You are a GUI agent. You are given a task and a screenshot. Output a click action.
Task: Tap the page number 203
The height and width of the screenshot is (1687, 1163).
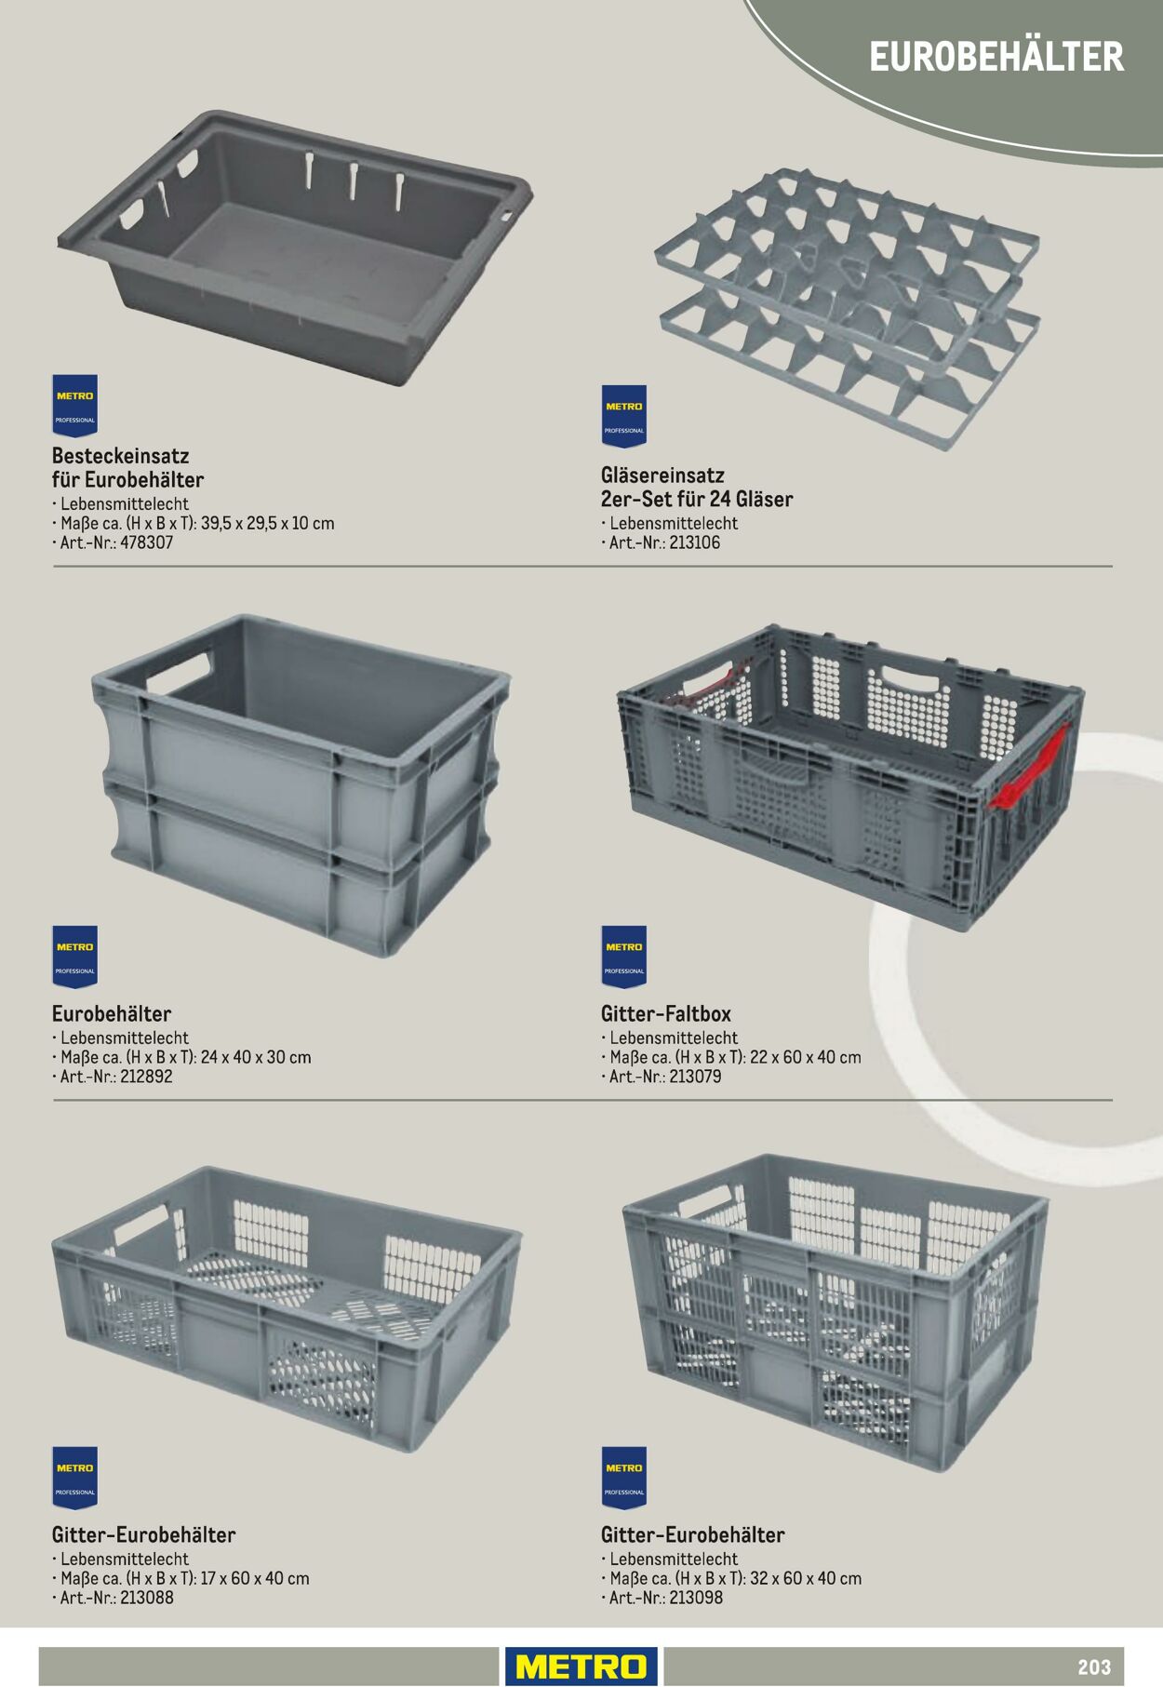click(1094, 1667)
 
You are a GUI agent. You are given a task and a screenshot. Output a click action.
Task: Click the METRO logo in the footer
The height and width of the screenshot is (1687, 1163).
click(581, 1666)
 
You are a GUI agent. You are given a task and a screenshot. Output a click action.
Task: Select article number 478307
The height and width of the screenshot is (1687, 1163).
click(147, 542)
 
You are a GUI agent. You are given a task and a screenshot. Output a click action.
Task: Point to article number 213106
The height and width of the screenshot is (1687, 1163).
click(694, 542)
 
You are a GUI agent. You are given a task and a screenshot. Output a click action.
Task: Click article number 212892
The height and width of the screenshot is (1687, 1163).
click(146, 1077)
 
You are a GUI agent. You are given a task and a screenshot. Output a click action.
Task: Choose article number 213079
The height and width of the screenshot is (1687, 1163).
click(695, 1077)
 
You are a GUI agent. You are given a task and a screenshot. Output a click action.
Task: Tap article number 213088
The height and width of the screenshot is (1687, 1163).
click(147, 1598)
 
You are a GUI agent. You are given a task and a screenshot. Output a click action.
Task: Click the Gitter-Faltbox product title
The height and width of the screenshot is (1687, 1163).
click(666, 1013)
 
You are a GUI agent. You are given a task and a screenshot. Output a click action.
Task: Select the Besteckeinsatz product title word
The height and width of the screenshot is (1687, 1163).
click(121, 456)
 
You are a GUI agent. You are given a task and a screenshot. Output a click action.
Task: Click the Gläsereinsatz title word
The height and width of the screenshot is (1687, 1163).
click(662, 475)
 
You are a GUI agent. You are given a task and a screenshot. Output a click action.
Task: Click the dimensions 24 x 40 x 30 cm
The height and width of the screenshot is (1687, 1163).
click(256, 1057)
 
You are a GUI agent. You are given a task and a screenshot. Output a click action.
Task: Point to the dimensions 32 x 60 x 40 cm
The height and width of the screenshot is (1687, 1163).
click(806, 1578)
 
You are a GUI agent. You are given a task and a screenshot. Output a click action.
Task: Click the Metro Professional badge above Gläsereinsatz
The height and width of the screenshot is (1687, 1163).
click(623, 416)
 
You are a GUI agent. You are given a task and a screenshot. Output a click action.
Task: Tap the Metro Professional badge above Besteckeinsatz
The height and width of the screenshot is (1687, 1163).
click(74, 406)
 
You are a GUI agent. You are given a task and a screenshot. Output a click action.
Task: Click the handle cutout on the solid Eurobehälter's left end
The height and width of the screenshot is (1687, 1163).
click(180, 673)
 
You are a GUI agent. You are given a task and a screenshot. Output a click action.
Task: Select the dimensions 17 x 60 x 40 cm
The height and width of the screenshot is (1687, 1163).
click(255, 1578)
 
